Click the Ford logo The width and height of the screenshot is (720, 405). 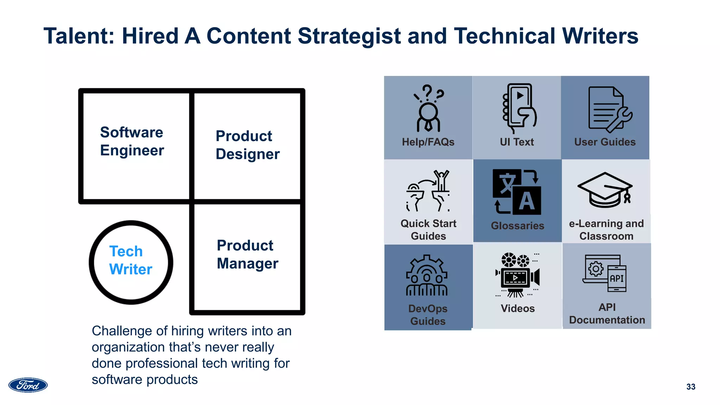(28, 385)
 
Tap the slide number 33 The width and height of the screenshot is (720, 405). (690, 387)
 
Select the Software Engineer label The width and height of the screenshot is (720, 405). (132, 141)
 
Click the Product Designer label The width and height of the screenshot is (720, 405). (247, 145)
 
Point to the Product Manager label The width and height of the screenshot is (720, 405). (247, 254)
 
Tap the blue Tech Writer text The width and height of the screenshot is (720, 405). (130, 260)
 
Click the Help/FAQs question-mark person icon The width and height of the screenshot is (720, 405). (428, 108)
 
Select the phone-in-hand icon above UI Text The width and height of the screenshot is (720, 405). (518, 108)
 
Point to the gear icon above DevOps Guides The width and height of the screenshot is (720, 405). (427, 276)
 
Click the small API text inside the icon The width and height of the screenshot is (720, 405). (616, 278)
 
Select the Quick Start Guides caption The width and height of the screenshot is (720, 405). (428, 230)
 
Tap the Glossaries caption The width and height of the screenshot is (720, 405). (517, 226)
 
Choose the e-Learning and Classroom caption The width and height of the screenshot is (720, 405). (606, 230)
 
